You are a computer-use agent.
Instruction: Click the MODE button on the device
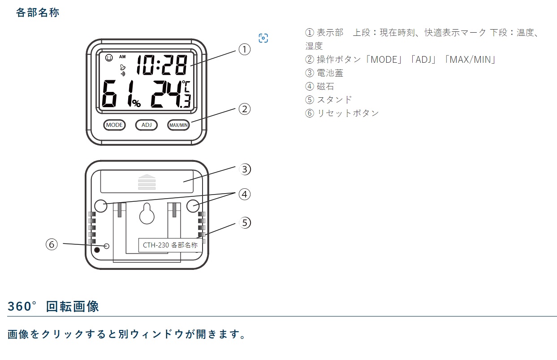[114, 125]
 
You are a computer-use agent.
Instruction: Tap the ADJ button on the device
[147, 125]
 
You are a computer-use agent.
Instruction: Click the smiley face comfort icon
[109, 58]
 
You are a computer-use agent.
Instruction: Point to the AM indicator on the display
[122, 57]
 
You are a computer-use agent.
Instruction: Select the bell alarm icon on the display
[123, 67]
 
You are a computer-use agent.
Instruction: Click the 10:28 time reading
[162, 65]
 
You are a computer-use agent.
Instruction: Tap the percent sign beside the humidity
[136, 103]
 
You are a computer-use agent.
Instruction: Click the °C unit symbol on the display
[186, 86]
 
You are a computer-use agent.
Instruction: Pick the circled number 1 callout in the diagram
[244, 49]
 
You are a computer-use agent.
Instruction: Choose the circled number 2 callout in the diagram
[244, 109]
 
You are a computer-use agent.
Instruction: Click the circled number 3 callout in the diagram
[245, 169]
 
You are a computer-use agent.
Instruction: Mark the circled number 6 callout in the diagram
[52, 244]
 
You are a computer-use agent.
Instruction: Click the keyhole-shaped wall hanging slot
[147, 213]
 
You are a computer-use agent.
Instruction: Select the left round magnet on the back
[101, 206]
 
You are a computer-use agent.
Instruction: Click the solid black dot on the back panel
[97, 250]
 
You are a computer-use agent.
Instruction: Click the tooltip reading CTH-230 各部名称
[170, 245]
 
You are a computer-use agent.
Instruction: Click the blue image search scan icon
[263, 38]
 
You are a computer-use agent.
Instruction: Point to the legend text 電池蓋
[330, 73]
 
